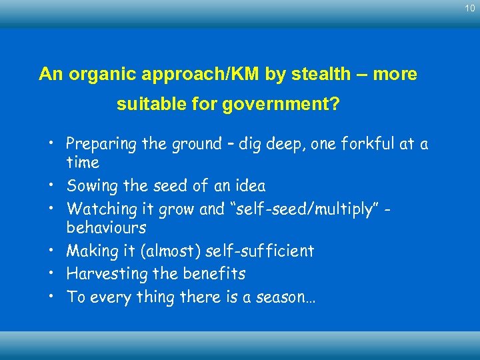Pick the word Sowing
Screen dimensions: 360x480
[90, 186]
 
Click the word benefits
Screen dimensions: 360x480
[216, 274]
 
